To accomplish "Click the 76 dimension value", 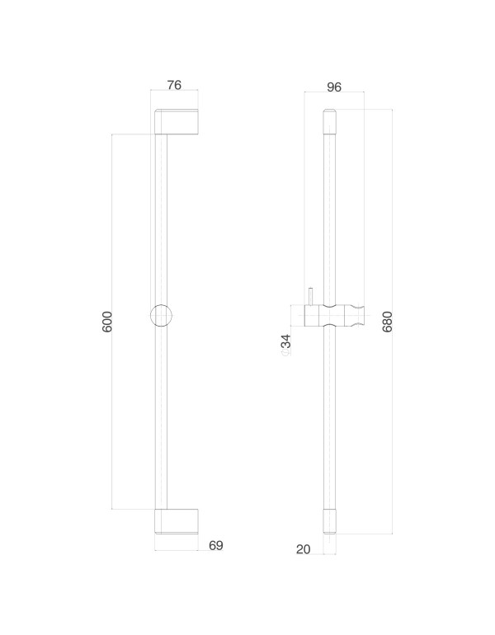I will point(174,84).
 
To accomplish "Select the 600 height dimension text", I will point(107,322).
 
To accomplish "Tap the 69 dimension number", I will point(215,545).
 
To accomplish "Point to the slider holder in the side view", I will point(334,316).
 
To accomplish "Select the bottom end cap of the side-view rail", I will point(330,521).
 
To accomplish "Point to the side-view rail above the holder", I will point(330,214).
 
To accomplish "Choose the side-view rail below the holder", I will point(330,421).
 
